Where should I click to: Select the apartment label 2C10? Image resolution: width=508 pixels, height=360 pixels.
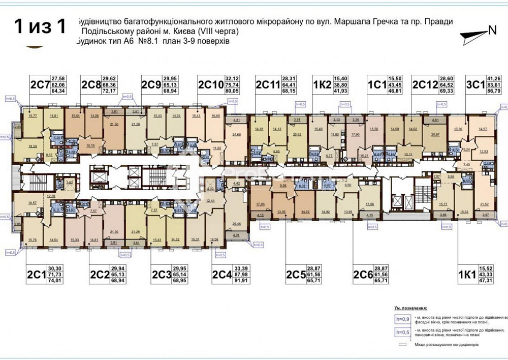click(x=210, y=85)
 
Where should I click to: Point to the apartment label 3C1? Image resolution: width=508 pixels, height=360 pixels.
click(x=475, y=85)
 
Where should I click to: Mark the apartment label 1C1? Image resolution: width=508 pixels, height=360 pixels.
click(x=376, y=85)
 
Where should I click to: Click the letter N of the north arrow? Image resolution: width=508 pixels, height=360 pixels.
click(x=492, y=30)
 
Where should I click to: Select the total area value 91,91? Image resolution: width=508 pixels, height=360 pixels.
click(x=242, y=280)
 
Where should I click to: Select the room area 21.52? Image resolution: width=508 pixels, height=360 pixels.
click(x=485, y=204)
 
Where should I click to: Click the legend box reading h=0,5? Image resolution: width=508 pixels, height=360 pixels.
click(x=402, y=333)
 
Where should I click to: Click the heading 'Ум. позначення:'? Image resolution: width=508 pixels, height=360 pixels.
click(x=410, y=308)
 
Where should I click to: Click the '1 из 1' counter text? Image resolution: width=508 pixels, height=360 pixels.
click(x=40, y=26)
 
